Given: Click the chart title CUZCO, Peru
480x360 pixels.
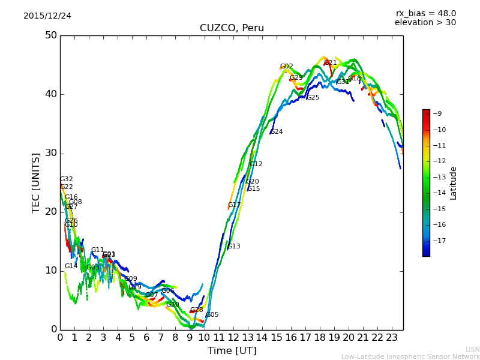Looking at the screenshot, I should [232, 28].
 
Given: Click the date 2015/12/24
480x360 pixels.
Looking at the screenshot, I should [47, 16].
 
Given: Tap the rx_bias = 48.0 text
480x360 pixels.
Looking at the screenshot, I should [425, 13].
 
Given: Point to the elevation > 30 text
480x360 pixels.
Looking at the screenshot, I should [425, 23].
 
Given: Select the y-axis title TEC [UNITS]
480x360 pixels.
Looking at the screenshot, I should [36, 182].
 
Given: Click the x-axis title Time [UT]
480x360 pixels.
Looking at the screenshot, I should [232, 351].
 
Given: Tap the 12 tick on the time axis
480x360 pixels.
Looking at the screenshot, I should [233, 338].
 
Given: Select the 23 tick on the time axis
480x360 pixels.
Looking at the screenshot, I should [391, 338].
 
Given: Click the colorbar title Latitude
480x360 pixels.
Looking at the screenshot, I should [454, 183].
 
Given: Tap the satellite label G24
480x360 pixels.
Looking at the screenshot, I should [276, 132].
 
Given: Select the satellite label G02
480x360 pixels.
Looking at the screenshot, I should [287, 67].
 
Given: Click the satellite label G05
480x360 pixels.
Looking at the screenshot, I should [212, 315].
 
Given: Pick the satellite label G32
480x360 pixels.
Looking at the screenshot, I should [67, 179].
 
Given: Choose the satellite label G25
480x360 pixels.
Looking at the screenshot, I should [313, 98].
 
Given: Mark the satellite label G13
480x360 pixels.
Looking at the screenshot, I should [233, 247].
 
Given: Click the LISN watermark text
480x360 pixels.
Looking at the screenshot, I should [473, 349].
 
